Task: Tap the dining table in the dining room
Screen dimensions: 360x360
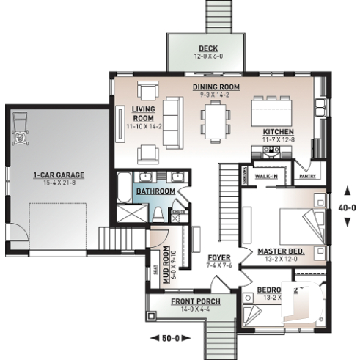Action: [215, 120]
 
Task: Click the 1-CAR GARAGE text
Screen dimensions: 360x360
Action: [59, 175]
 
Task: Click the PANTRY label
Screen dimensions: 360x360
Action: [308, 177]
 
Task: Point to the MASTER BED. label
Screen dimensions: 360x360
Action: [281, 251]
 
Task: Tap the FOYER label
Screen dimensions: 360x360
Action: [218, 257]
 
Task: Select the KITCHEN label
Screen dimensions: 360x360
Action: [278, 132]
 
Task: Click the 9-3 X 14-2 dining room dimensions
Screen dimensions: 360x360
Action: [211, 95]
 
